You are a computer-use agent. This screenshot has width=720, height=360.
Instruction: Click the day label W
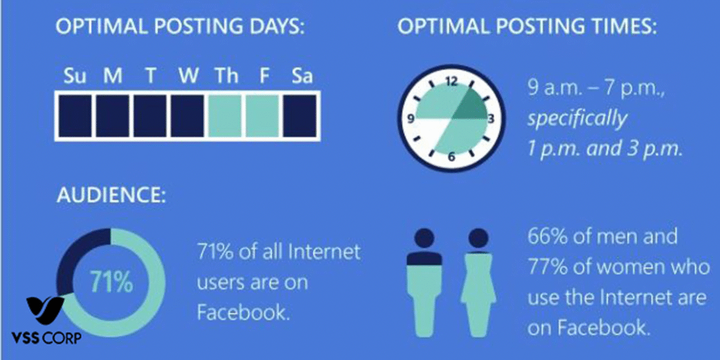click(188, 76)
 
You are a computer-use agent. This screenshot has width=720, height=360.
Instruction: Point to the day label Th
click(226, 76)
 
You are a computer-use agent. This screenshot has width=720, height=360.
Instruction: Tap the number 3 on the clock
click(490, 118)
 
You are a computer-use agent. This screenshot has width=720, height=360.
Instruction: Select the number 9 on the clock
click(411, 119)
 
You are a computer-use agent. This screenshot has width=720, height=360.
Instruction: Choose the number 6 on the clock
click(451, 156)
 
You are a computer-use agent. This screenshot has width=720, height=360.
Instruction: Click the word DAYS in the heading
click(277, 29)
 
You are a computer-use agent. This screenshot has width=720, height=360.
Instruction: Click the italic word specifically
click(577, 118)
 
